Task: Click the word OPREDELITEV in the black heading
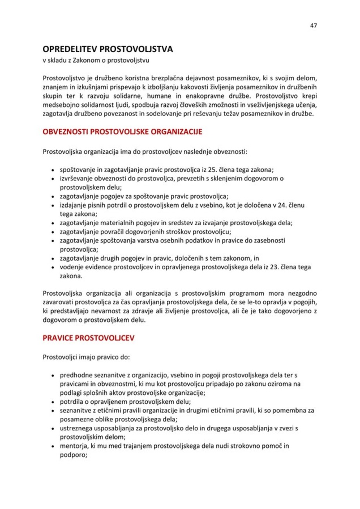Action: point(70,50)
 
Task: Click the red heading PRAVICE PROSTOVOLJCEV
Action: point(89,338)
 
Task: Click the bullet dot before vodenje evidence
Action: point(52,267)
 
